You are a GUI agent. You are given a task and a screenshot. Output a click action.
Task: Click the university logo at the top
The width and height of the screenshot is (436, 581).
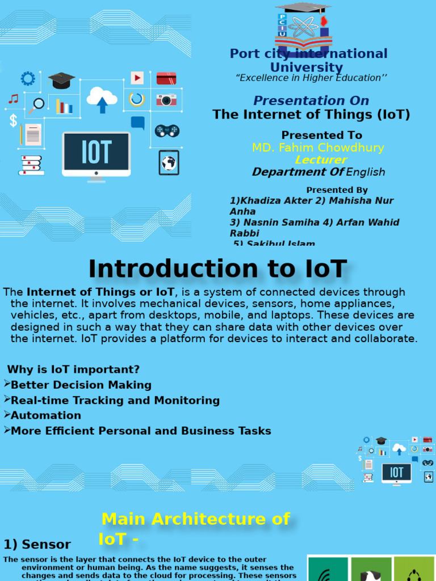tap(303, 28)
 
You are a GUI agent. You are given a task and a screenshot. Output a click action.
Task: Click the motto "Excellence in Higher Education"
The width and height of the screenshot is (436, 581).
tap(311, 78)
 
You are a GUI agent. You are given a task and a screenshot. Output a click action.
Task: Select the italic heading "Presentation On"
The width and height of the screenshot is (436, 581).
tap(311, 101)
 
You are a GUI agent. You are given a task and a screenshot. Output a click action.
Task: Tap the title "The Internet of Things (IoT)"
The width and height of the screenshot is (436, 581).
tap(311, 115)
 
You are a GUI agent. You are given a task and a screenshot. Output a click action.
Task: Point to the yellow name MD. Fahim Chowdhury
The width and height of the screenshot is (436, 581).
tap(318, 148)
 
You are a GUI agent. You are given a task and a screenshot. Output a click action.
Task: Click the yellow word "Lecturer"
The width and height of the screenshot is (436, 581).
tap(321, 160)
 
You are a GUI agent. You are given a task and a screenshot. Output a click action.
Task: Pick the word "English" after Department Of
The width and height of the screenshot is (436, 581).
tap(366, 172)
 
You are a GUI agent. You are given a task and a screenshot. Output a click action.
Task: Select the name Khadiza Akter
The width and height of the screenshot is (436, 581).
tap(266, 201)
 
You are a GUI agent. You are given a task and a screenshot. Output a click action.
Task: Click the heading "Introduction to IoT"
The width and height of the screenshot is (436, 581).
tap(217, 269)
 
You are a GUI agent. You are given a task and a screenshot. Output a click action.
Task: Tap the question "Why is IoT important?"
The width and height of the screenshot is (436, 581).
tap(73, 370)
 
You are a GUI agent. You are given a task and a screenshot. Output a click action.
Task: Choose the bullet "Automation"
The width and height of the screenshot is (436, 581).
tap(46, 415)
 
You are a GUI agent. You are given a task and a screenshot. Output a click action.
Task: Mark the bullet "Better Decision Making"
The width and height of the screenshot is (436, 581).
tap(81, 385)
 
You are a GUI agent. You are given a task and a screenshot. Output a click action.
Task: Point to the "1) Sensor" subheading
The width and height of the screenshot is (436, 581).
tap(37, 545)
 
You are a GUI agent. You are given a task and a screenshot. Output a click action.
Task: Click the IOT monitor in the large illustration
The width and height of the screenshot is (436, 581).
tap(97, 153)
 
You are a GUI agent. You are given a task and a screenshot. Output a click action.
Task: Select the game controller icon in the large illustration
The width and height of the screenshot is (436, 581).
tap(167, 130)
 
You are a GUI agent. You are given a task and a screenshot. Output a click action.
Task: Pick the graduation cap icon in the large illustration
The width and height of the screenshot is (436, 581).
tap(61, 80)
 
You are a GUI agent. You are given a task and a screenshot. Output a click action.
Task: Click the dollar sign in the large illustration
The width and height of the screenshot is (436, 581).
tap(13, 120)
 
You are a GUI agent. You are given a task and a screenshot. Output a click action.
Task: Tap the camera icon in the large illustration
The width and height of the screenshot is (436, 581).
tap(166, 100)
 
